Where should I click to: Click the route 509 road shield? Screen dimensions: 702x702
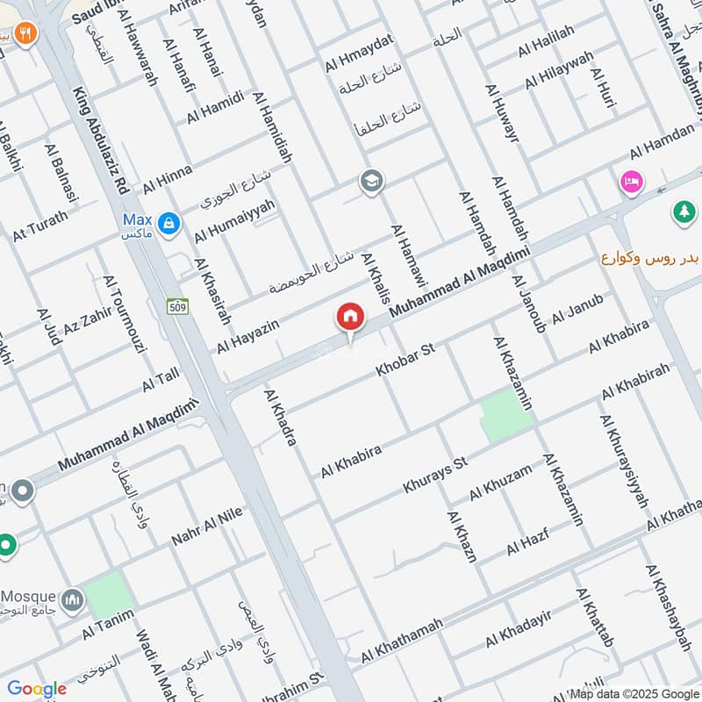tap(177, 306)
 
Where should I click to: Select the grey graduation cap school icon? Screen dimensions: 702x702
tap(371, 183)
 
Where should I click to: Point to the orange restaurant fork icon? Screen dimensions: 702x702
tap(25, 33)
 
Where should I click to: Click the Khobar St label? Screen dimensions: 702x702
tap(405, 361)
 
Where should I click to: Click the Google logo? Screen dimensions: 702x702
tap(36, 689)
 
